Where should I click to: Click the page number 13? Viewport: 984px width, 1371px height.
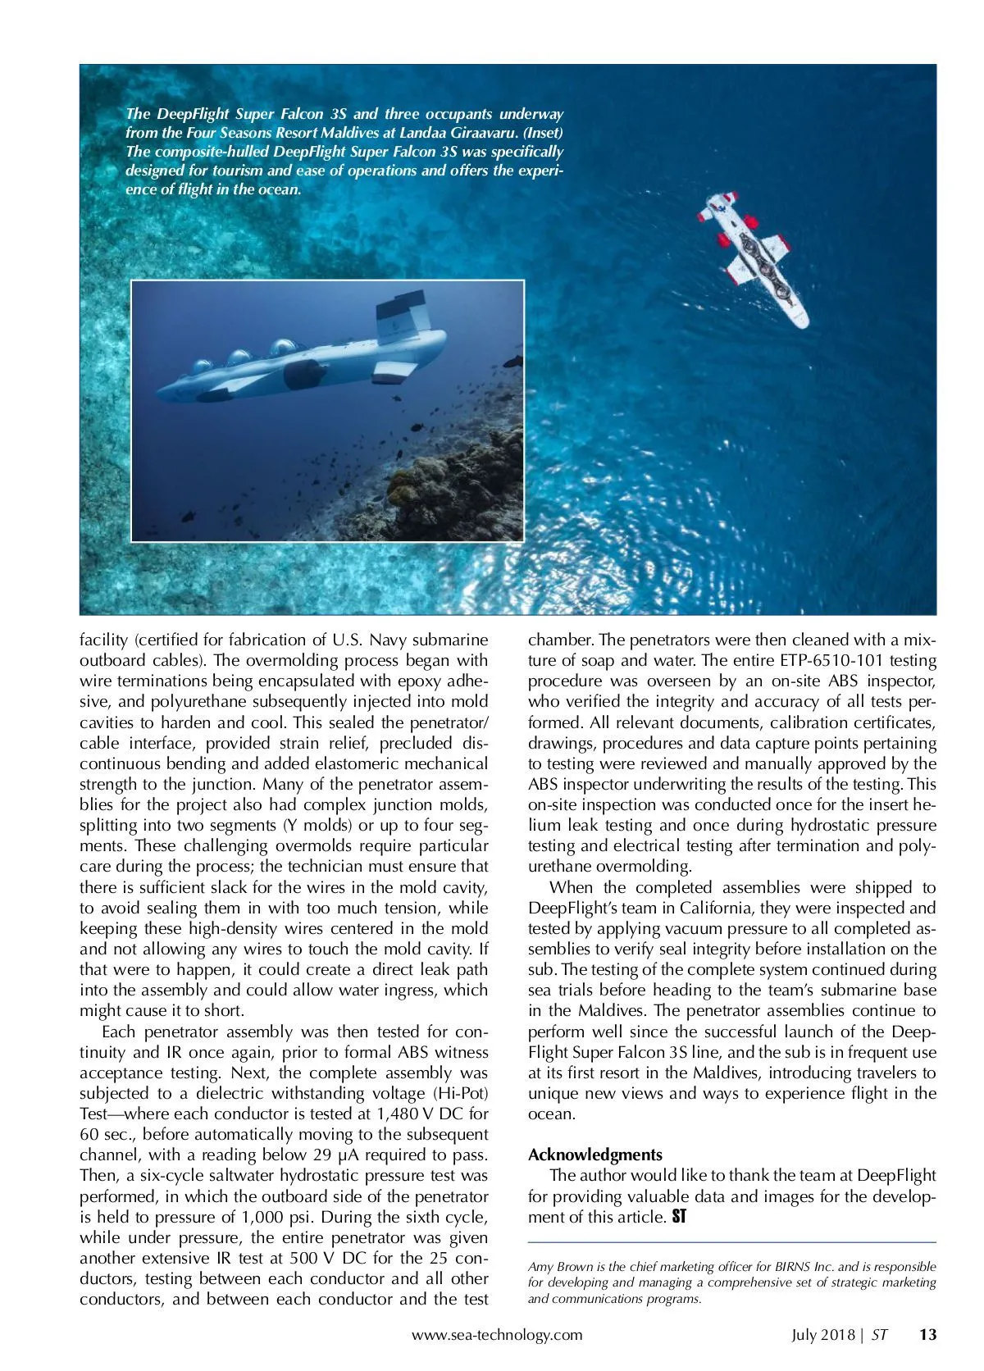coord(927,1334)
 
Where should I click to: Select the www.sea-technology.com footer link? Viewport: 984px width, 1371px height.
coord(497,1334)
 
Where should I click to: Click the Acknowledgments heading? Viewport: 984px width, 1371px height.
coord(594,1155)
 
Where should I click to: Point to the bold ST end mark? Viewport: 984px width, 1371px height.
coord(678,1217)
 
